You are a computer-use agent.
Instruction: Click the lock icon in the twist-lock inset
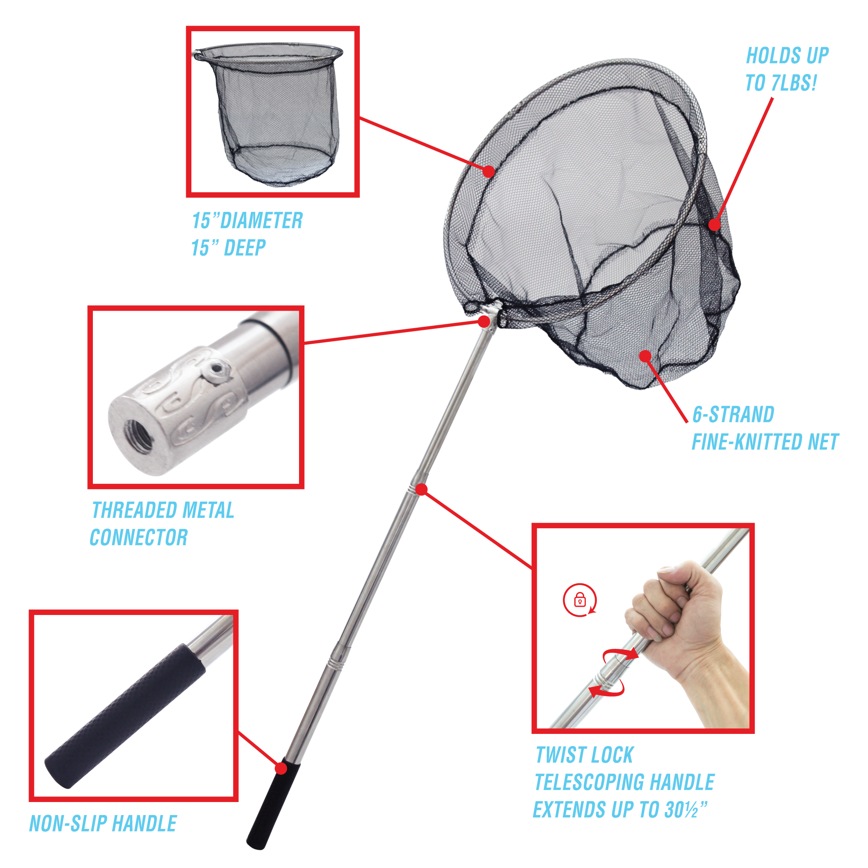[579, 600]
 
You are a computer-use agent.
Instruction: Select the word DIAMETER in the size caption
[261, 220]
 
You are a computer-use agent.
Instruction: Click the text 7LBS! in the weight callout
[794, 82]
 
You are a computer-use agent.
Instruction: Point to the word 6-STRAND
[733, 414]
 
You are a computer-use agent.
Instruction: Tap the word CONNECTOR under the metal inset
[139, 537]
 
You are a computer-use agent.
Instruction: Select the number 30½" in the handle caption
[686, 809]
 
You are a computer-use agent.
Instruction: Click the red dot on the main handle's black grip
[281, 768]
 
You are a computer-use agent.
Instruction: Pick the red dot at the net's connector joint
[484, 321]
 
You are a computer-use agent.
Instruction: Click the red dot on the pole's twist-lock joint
[421, 489]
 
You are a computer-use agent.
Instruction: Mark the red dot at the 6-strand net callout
[646, 356]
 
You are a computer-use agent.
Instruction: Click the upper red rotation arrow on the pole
[620, 655]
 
